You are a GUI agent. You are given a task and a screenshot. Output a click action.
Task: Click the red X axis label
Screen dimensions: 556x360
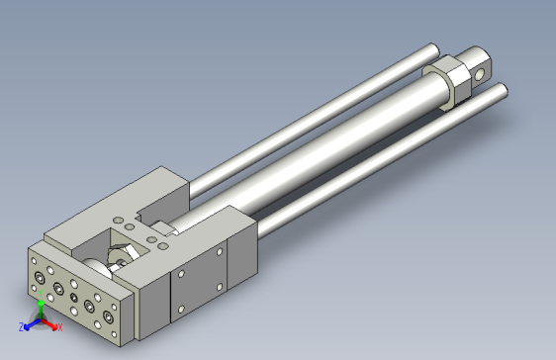[x=60, y=327]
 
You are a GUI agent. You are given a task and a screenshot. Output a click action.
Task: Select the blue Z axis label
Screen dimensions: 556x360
[x=22, y=327]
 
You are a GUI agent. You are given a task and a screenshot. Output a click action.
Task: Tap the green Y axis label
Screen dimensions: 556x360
[x=41, y=293]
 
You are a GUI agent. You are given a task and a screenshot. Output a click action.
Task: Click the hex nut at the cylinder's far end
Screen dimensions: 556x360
[x=448, y=83]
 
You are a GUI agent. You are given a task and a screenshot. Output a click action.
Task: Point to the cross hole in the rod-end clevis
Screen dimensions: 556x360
[x=479, y=74]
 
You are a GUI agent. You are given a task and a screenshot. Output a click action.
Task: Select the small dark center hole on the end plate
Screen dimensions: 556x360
[x=74, y=298]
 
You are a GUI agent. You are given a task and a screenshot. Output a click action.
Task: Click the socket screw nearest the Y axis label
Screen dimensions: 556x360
[x=40, y=278]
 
